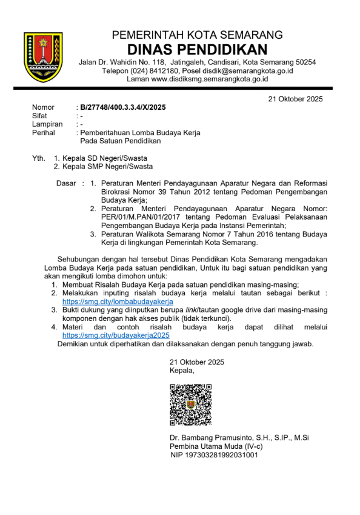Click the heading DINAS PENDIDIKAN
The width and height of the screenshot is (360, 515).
197,49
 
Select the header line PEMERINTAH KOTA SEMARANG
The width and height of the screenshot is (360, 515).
197,35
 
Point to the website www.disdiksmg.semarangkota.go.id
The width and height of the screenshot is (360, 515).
210,79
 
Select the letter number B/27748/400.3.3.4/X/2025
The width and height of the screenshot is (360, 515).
123,107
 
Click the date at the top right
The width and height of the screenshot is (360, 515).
295,99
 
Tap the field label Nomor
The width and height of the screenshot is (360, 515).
43,107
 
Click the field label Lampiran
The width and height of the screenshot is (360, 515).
47,124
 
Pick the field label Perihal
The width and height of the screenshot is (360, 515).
45,133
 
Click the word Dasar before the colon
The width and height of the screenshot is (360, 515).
66,183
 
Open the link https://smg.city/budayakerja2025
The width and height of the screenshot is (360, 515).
116,335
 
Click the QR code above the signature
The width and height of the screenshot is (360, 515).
190,404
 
